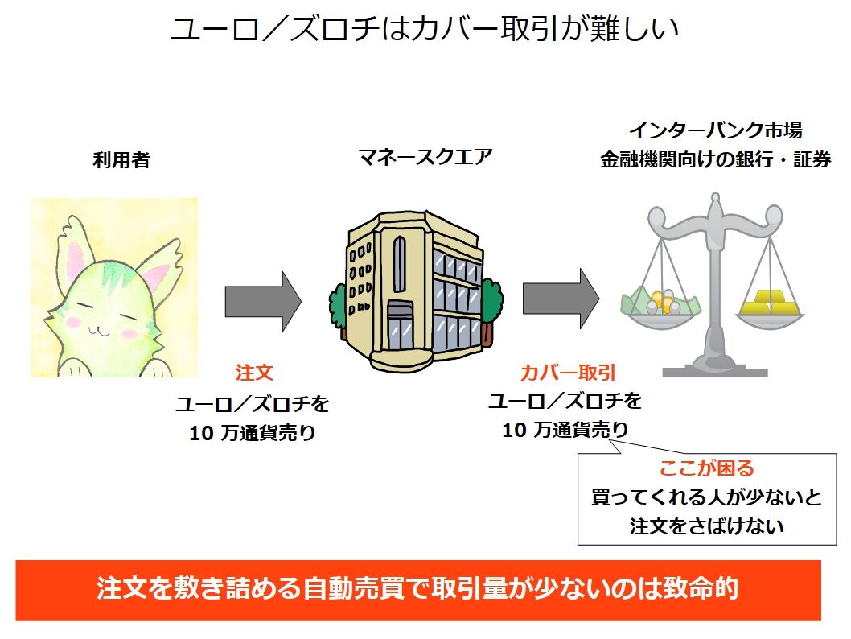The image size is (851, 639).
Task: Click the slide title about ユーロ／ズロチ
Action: click(x=425, y=31)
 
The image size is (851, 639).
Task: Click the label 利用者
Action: click(x=121, y=160)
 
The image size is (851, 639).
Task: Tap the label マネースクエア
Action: click(x=425, y=157)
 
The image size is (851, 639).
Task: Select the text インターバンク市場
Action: click(x=715, y=130)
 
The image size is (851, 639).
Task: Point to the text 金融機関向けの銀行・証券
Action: click(x=715, y=159)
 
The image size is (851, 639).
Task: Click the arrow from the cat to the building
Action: click(x=262, y=301)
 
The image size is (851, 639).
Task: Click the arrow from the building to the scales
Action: click(x=561, y=299)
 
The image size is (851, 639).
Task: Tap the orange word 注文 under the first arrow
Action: click(x=254, y=373)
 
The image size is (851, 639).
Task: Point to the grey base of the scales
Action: click(x=714, y=370)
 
